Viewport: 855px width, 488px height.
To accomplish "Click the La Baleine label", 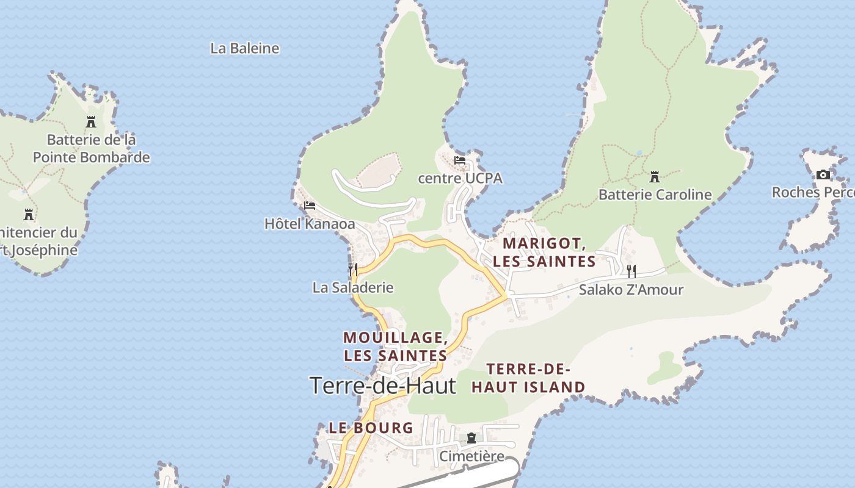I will coord(244,48).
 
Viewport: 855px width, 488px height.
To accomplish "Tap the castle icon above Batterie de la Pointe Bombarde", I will coord(91,122).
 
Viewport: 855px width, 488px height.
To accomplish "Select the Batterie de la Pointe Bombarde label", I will coord(91,149).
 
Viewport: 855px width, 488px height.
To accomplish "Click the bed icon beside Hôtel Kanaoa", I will coord(310,206).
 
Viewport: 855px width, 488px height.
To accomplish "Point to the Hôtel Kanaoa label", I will coord(310,224).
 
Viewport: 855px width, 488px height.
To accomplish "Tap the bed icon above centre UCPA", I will coord(460,160).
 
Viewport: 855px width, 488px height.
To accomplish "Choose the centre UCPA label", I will coord(460,178).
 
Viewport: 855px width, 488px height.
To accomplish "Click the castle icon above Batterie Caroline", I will coord(655,177).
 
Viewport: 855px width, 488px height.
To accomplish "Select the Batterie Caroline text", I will coord(655,195).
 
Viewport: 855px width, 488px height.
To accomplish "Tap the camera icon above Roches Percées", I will coord(823,175).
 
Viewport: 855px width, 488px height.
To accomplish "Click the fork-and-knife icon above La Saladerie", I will coord(353,269).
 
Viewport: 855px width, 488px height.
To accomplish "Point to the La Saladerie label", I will coord(353,287).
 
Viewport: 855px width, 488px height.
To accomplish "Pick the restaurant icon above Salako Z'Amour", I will coord(631,271).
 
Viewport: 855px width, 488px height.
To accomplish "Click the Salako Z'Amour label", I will coord(631,289).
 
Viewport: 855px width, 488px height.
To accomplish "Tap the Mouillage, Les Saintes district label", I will coord(395,346).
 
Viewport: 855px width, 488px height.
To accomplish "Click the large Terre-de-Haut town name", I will coord(382,386).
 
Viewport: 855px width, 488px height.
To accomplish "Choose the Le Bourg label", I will coord(371,428).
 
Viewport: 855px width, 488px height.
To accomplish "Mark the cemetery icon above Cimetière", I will coord(471,438).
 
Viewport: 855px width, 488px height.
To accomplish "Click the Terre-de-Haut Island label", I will coord(528,378).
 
